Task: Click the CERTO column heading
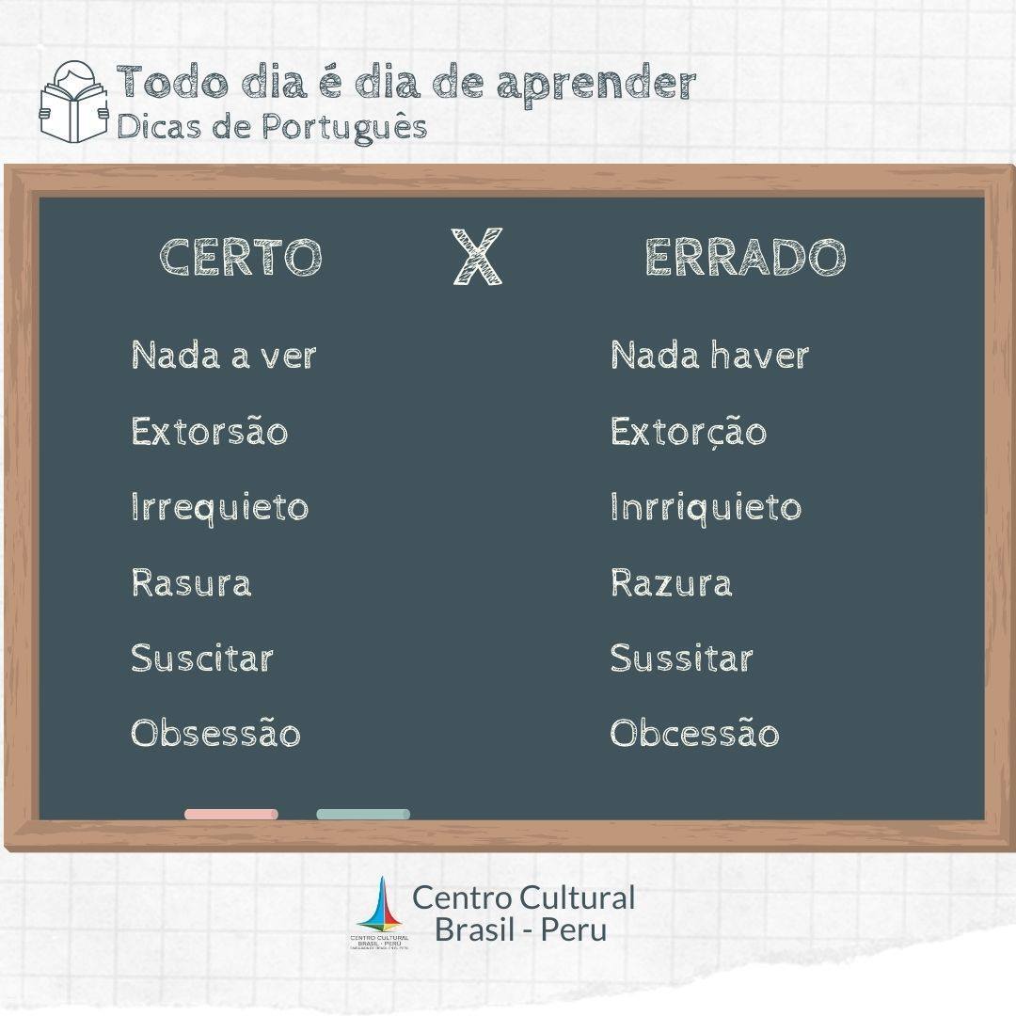click(x=241, y=257)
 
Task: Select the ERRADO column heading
click(x=745, y=257)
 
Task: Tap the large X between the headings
click(x=477, y=257)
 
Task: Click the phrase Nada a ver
click(x=224, y=355)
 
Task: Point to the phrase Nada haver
click(x=710, y=355)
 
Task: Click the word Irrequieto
click(x=219, y=507)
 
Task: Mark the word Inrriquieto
click(x=706, y=507)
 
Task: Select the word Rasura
click(x=191, y=582)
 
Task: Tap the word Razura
click(x=672, y=582)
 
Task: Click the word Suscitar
click(x=202, y=659)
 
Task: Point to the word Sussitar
click(x=682, y=659)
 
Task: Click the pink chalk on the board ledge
click(x=231, y=814)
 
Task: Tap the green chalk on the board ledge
click(x=363, y=814)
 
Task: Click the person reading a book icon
click(x=74, y=103)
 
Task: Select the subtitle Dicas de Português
click(x=272, y=127)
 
